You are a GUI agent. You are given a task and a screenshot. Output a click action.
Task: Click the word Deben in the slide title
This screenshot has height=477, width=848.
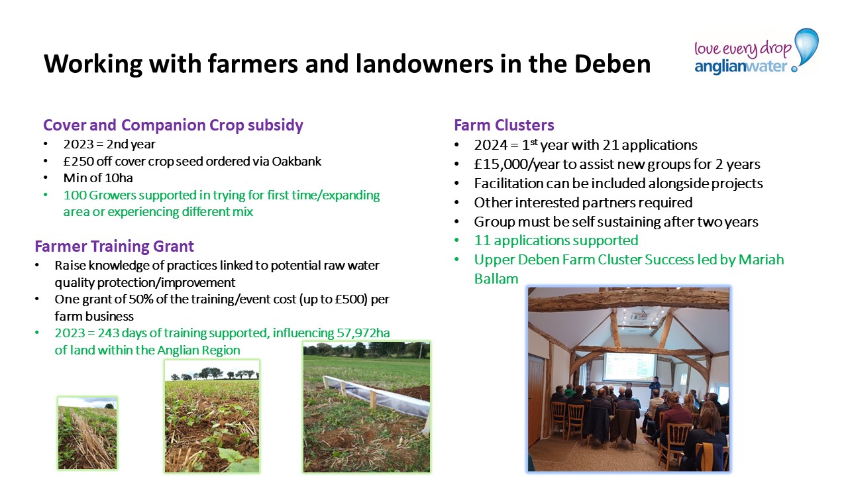(613, 64)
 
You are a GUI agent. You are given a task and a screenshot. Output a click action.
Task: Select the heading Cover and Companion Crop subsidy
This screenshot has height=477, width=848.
(173, 125)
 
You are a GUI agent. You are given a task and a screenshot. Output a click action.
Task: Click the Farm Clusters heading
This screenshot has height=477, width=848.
(504, 125)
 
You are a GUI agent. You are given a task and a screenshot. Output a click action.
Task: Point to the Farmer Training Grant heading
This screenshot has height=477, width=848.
(115, 246)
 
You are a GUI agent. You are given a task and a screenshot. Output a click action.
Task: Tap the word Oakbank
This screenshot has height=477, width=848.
(296, 161)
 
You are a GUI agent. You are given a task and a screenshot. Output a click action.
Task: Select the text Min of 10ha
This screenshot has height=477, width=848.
(98, 178)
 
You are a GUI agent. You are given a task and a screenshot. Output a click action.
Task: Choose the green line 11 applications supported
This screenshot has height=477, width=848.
(556, 240)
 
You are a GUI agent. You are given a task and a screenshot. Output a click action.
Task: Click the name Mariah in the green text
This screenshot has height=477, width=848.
(761, 260)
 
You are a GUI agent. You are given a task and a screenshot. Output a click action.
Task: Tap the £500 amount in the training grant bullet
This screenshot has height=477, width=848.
(351, 299)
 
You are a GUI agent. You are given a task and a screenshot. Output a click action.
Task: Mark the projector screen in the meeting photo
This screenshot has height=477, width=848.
(630, 366)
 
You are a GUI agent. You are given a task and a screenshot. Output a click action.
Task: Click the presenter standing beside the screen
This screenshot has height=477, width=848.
(655, 388)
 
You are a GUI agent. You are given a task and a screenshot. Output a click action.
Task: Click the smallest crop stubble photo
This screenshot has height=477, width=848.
(87, 433)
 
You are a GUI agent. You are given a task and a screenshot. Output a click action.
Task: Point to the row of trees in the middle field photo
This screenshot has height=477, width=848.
(213, 373)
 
